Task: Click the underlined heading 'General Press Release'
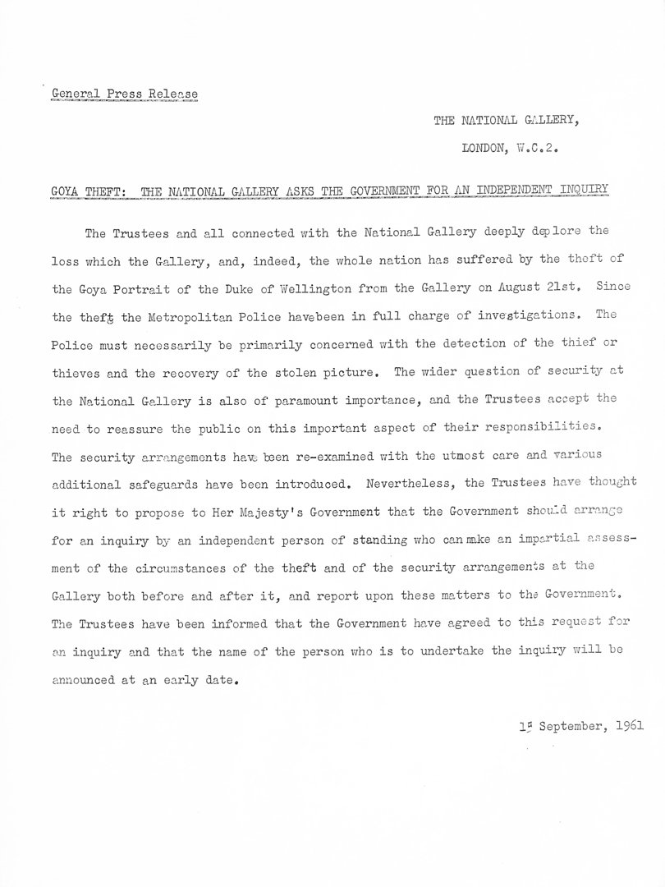tap(123, 93)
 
